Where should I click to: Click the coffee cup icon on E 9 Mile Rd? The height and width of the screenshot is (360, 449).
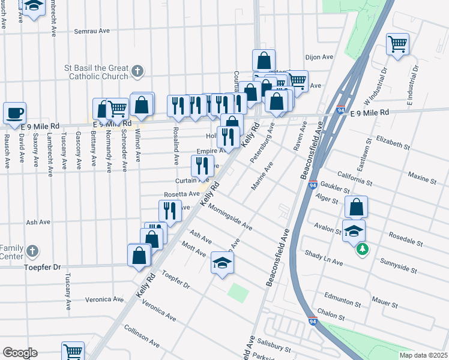[x=15, y=112]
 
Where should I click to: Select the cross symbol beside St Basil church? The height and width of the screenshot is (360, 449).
[x=137, y=72]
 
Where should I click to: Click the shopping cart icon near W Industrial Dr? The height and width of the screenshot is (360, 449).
[x=397, y=44]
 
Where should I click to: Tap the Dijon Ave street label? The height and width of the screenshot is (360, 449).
[x=319, y=57]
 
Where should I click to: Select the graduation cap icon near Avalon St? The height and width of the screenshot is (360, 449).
[x=354, y=230]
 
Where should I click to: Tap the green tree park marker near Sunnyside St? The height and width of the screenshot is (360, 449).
[x=361, y=249]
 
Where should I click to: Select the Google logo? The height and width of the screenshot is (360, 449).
[x=20, y=352]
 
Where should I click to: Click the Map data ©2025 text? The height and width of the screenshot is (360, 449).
[x=423, y=355]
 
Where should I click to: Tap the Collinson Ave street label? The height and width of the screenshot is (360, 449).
[x=142, y=336]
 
